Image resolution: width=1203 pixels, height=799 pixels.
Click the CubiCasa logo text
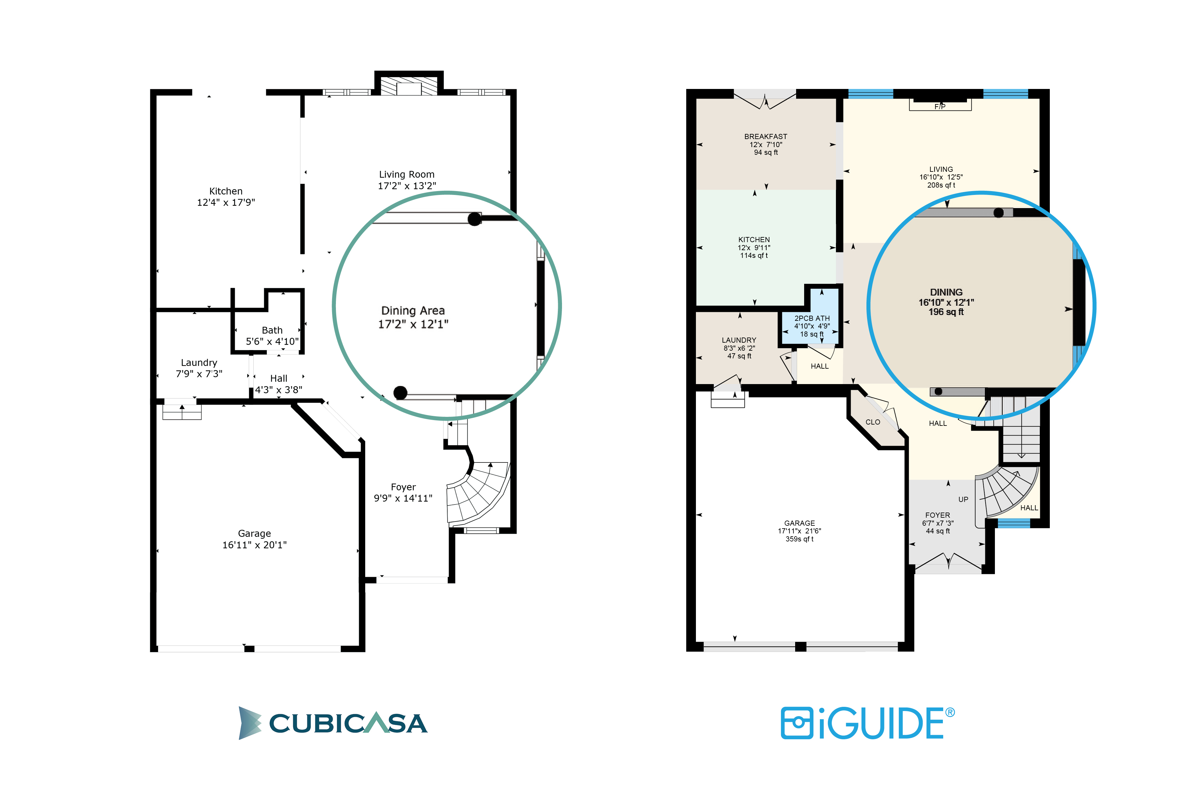[x=348, y=723]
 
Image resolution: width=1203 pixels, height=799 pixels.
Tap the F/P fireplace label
[x=940, y=107]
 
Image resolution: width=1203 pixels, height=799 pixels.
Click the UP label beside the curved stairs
[x=963, y=499]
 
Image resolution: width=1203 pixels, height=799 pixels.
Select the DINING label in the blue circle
[x=946, y=292]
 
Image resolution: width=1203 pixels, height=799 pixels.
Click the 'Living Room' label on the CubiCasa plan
[x=407, y=174]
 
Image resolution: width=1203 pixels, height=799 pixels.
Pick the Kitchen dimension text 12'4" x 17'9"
[x=226, y=202]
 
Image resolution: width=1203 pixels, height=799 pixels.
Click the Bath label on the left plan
[x=272, y=330]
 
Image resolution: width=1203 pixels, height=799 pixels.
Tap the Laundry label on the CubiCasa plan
[x=199, y=363]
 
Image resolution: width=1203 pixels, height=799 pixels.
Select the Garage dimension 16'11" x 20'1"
[x=254, y=545]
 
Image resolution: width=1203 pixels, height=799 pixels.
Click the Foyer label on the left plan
[x=403, y=487]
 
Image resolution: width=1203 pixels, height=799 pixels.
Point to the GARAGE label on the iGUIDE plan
[x=799, y=523]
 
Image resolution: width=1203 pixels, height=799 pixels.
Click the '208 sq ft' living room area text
[x=941, y=185]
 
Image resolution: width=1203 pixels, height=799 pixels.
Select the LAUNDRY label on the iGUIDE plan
[x=739, y=340]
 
